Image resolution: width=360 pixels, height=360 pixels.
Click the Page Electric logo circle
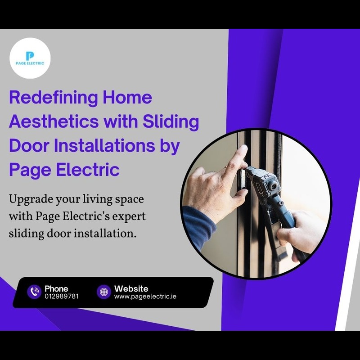coord(30,58)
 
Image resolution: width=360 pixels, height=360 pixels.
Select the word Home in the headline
coord(127,97)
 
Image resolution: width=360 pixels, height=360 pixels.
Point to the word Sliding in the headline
coord(171,122)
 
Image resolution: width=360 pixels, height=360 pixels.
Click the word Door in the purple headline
coord(29,145)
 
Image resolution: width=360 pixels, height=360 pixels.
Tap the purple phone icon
coord(34,292)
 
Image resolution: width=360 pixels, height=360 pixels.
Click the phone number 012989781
coord(62,296)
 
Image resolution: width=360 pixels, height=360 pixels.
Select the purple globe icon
coord(104,292)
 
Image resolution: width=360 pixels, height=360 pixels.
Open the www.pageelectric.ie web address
coord(145,297)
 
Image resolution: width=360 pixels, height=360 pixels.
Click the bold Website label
coord(131,288)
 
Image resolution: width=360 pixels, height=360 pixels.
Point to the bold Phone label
coord(56,288)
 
